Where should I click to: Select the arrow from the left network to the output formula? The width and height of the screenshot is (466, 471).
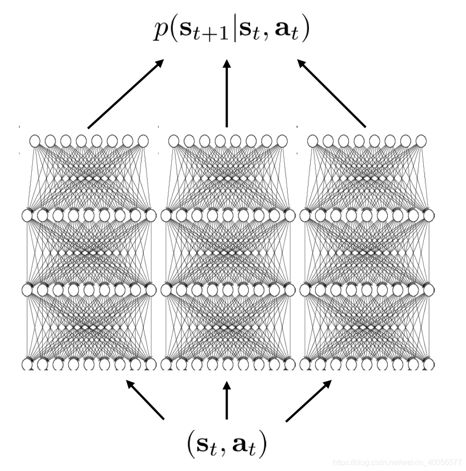(126, 94)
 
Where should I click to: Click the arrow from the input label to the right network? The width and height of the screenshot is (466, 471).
(308, 400)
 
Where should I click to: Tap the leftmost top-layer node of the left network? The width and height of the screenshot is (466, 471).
(35, 141)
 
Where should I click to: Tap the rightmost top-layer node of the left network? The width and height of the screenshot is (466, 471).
(143, 141)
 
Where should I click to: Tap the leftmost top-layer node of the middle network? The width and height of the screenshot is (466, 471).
(174, 141)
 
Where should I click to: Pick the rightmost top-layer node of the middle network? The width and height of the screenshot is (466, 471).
(282, 141)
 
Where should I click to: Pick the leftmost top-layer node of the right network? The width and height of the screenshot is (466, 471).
(313, 141)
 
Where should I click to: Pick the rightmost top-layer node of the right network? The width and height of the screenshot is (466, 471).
(421, 141)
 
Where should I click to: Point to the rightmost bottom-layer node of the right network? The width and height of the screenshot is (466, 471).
(429, 365)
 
